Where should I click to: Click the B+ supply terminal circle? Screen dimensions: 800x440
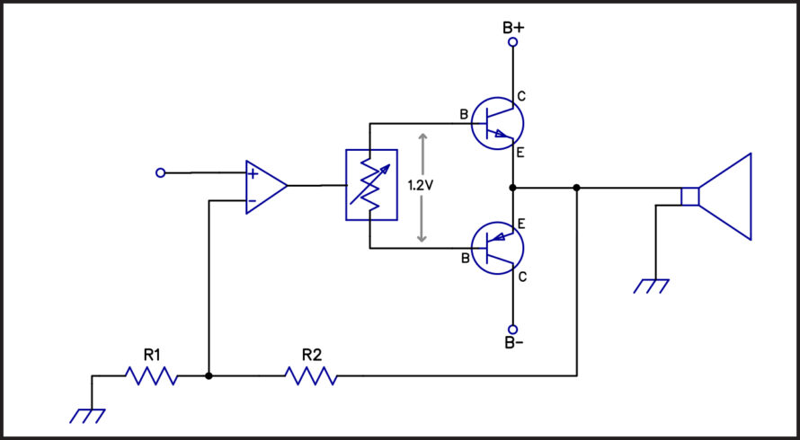coord(513,42)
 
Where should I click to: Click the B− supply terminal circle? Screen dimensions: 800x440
coord(513,330)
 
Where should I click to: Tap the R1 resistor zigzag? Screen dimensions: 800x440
coord(152,376)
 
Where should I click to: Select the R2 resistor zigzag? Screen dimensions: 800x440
coord(311,376)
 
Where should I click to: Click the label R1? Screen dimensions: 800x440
coord(152,356)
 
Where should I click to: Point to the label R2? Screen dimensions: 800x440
coord(312,356)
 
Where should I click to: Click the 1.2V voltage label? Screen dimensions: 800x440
coord(421,186)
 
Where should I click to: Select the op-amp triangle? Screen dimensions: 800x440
coord(266,187)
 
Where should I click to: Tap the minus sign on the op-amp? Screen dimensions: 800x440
coord(252,201)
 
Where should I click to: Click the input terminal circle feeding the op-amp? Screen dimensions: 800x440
coord(160,173)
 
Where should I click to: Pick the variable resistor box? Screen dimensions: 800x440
coord(371,185)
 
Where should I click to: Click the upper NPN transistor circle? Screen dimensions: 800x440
coord(497,123)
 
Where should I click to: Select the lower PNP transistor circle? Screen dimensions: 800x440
coord(497,249)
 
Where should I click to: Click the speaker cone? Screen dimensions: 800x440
coord(725,197)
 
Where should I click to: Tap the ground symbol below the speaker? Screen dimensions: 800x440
coord(651,286)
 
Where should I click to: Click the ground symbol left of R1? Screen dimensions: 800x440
coord(87,416)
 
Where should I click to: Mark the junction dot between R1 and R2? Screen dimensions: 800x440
coord(209,376)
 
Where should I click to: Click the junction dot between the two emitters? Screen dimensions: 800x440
coord(513,188)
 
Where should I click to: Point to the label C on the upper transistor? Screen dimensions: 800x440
coord(521,96)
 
